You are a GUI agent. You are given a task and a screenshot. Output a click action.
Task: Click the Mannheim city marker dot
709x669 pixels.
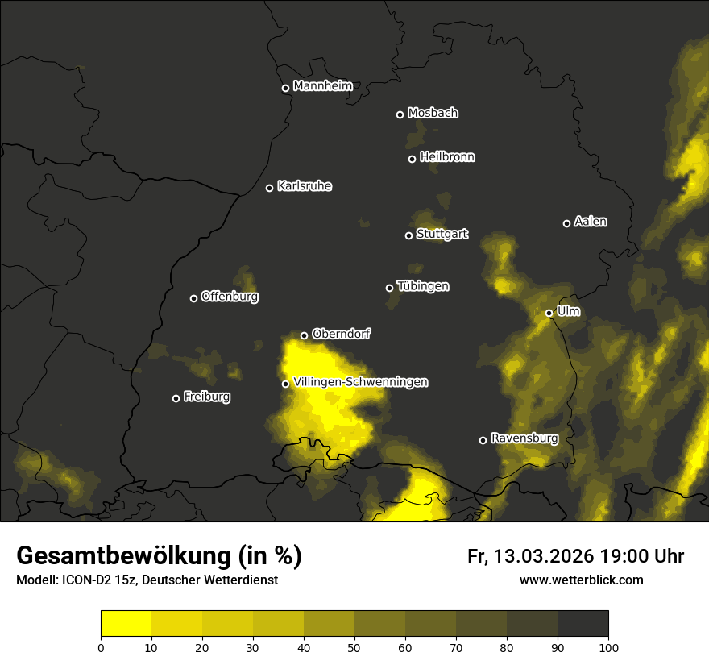tap(285, 89)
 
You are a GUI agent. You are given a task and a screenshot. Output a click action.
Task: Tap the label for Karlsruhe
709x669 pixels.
tap(304, 186)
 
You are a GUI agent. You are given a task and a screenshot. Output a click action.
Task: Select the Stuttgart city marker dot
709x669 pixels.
tap(408, 235)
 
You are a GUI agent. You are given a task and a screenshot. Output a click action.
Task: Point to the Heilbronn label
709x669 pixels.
tap(447, 157)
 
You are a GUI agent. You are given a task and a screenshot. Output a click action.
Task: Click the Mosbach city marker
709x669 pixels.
tap(400, 114)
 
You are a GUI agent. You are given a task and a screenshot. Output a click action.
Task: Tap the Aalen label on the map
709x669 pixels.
tap(591, 222)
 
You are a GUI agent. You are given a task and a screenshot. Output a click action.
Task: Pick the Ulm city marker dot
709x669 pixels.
tap(549, 313)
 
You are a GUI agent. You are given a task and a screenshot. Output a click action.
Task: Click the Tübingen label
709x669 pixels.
tap(423, 286)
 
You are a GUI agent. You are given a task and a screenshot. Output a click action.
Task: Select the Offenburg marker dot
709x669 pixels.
tap(193, 298)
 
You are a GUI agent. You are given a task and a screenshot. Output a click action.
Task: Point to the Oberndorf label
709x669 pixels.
tap(341, 334)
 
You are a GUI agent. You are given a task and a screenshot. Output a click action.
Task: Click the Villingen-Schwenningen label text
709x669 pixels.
tap(361, 382)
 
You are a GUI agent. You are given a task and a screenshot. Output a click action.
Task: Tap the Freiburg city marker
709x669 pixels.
tap(176, 398)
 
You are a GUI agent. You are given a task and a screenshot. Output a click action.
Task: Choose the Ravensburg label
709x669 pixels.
tap(524, 438)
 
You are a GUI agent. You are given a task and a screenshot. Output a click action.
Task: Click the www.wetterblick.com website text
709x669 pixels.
tap(582, 580)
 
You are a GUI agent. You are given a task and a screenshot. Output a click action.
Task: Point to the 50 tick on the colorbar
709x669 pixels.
tap(354, 646)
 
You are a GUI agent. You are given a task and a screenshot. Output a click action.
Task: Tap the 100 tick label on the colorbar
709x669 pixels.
tap(608, 646)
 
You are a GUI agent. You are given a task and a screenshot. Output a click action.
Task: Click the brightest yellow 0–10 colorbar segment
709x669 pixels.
tap(126, 624)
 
